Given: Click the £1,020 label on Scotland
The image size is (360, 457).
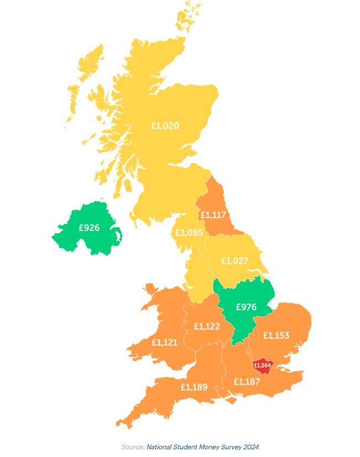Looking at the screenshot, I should point(165,126).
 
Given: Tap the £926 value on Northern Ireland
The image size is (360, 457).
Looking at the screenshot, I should point(89,227).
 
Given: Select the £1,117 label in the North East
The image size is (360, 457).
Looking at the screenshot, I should point(214,215).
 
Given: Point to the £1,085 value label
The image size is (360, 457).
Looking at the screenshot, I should point(189,232).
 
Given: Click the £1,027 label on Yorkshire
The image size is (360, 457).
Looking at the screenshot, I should point(235,261).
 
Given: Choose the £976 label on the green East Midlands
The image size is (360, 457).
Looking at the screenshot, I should point(246,307).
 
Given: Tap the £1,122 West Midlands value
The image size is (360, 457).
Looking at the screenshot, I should point(207,326).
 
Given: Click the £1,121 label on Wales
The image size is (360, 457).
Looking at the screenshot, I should point(165,342).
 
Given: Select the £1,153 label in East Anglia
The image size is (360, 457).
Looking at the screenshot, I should point(276,335).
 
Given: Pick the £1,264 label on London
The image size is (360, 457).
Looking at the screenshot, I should point(262,365).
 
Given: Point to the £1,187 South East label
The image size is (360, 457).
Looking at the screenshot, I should point(247,381).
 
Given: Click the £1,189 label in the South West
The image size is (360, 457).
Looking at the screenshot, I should point(194,387).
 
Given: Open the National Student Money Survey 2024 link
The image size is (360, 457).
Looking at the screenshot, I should point(203,447).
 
